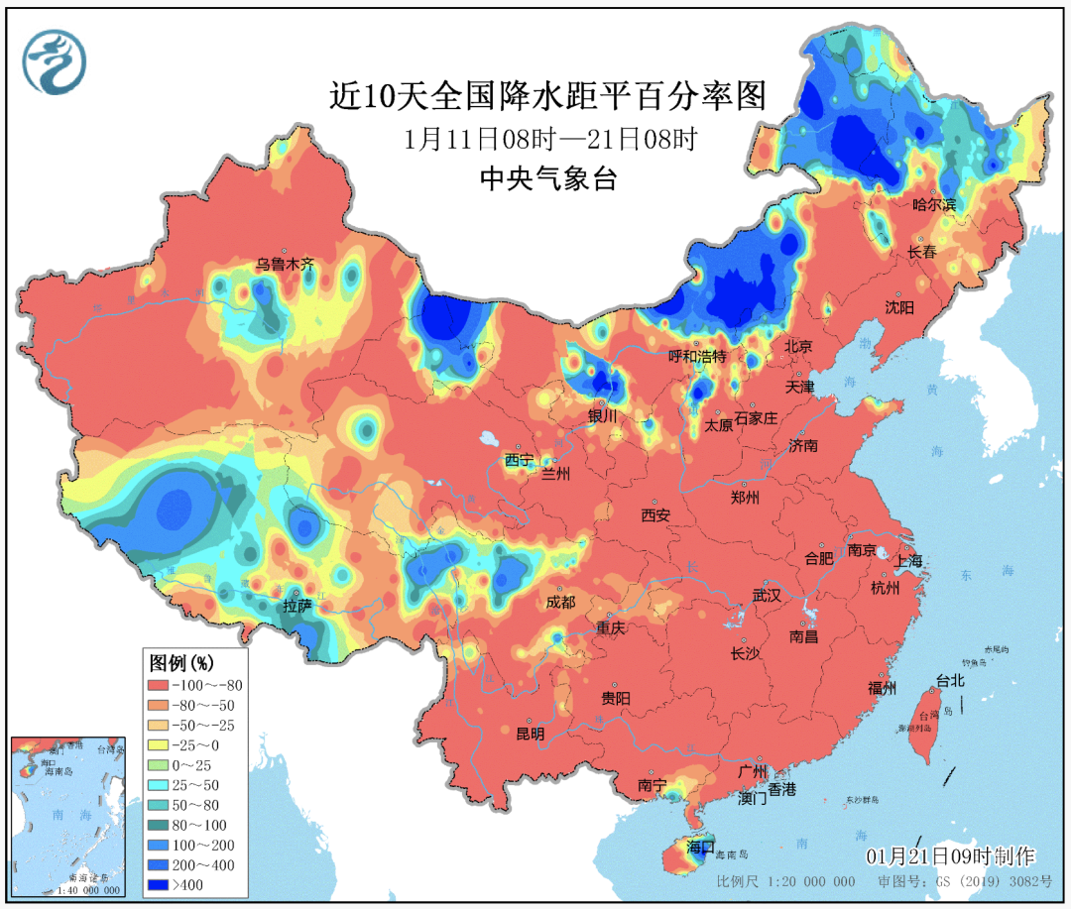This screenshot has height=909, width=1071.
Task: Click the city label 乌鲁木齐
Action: click(285, 265)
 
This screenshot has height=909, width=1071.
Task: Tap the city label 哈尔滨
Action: click(934, 205)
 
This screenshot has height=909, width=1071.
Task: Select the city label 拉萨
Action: click(297, 605)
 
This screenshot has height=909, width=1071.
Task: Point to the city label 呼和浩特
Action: click(697, 356)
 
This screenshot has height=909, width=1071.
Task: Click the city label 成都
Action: click(560, 602)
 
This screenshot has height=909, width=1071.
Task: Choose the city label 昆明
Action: click(531, 734)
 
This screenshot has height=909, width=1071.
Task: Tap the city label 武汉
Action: click(767, 595)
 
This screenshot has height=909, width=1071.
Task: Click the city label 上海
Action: click(907, 560)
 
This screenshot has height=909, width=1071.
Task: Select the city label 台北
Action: click(949, 681)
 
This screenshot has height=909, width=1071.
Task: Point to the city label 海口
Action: click(700, 847)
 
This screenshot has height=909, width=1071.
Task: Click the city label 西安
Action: click(655, 514)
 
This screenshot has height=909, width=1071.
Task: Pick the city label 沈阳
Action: click(899, 308)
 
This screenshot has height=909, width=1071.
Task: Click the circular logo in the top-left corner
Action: click(55, 61)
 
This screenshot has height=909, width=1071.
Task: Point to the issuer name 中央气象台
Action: click(547, 178)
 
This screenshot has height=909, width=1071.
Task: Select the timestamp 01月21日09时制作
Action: click(949, 855)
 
